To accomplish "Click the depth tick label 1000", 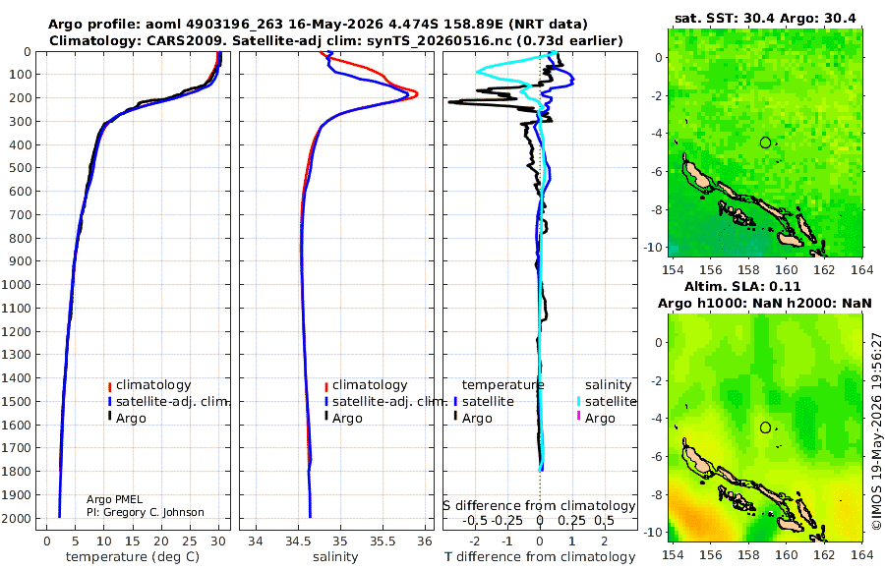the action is [x=17, y=284].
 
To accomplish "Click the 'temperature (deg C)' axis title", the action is [x=133, y=557].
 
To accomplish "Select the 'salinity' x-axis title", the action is [x=335, y=557].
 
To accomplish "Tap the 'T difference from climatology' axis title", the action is [x=540, y=557].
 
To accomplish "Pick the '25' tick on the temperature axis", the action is [x=190, y=541].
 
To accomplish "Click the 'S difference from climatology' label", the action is [x=539, y=506].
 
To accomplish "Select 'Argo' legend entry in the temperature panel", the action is [x=131, y=419].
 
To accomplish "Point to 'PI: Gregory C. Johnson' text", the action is [x=146, y=512].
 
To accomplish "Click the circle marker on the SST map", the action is [x=765, y=142].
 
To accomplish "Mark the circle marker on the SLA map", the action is [x=765, y=427].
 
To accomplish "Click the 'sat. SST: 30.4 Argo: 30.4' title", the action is [x=765, y=18].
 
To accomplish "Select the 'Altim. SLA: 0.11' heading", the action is [x=742, y=286].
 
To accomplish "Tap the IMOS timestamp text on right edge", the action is [x=876, y=430].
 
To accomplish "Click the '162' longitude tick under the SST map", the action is [x=824, y=269].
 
